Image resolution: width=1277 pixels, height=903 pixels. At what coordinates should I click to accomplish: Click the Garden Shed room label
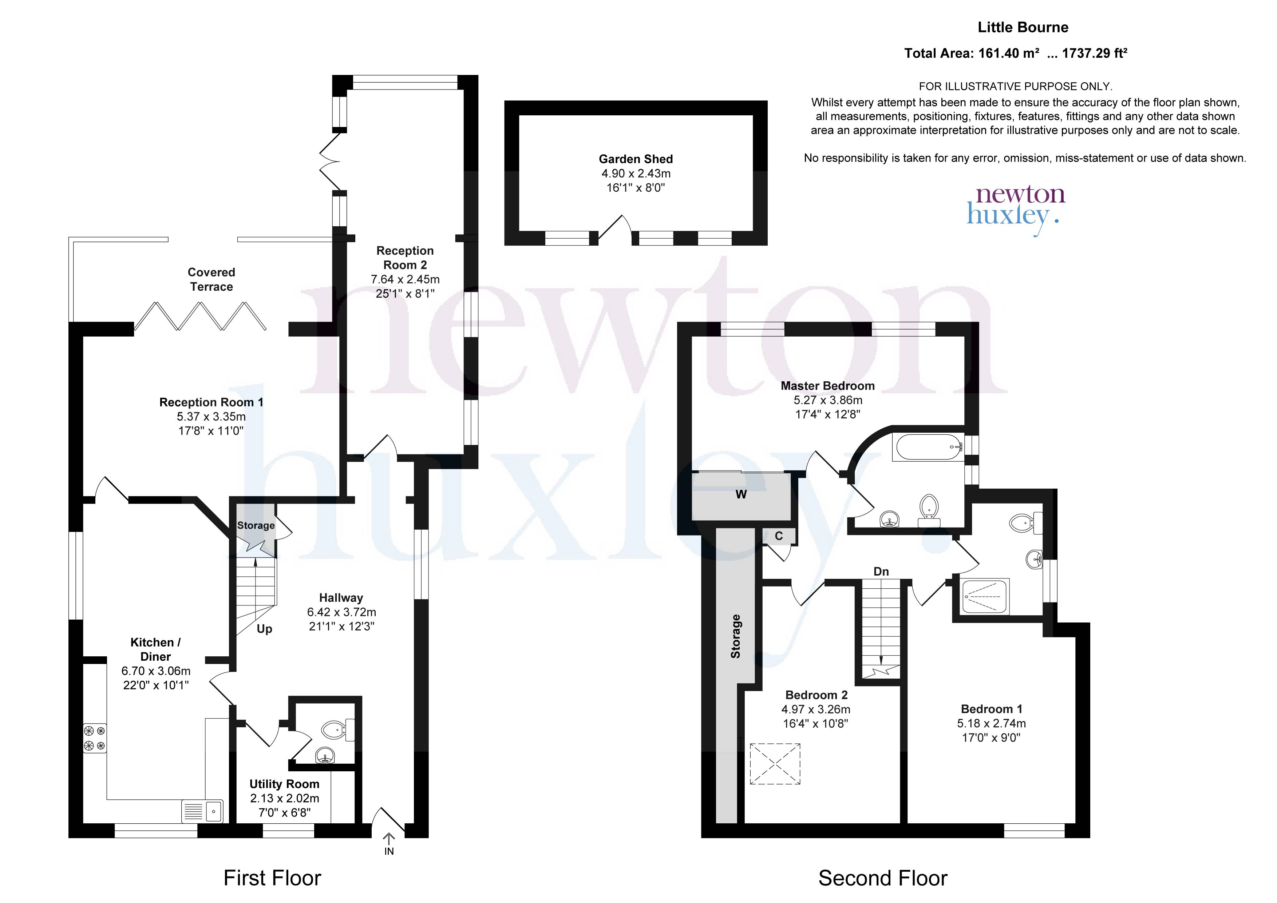point(636,159)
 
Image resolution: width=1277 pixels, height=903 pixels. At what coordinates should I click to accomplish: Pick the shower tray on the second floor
point(985,597)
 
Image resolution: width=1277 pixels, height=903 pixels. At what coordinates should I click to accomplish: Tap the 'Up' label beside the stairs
point(264,629)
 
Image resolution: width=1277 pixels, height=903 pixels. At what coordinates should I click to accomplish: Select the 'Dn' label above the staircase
point(881,572)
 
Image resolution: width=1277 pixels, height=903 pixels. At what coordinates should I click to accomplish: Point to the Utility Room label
point(284,784)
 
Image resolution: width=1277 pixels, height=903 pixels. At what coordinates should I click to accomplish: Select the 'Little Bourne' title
point(1023,27)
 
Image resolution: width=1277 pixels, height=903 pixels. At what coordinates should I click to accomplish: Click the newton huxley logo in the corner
point(1016,210)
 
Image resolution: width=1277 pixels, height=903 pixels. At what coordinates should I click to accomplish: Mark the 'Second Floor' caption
point(883,878)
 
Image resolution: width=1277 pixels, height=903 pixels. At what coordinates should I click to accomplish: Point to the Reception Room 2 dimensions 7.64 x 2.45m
point(405,279)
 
